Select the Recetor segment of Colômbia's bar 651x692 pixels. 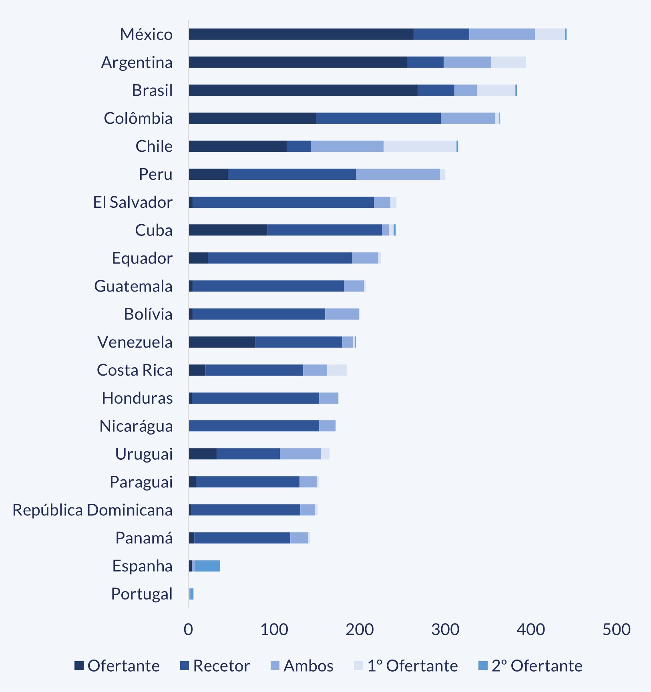click(x=378, y=119)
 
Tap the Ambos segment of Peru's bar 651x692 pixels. click(x=398, y=175)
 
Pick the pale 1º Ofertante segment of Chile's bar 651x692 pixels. click(x=420, y=147)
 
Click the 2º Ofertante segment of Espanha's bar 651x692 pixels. click(x=207, y=566)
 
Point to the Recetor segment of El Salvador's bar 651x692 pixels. click(x=283, y=203)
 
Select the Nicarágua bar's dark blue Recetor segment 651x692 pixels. click(x=254, y=426)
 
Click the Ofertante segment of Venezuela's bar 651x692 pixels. click(x=222, y=342)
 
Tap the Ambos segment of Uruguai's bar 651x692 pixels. click(x=300, y=454)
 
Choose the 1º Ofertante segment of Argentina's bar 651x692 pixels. click(x=508, y=62)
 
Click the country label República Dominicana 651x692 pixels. click(x=92, y=510)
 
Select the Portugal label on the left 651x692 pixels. click(x=142, y=594)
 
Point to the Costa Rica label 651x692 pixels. click(x=135, y=370)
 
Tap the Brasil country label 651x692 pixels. click(x=153, y=91)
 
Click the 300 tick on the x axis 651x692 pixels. click(x=445, y=630)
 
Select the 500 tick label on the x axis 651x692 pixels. click(x=616, y=630)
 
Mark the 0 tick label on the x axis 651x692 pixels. click(x=188, y=630)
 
